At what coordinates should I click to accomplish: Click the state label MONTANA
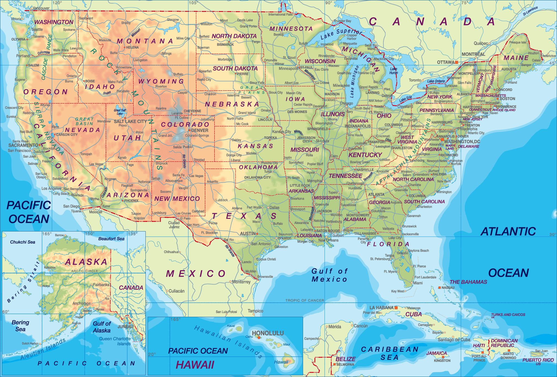[x=145, y=41]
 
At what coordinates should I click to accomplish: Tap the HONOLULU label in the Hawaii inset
[x=268, y=333]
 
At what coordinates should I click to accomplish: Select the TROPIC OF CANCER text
[x=305, y=300]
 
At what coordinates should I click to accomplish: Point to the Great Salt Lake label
[x=120, y=112]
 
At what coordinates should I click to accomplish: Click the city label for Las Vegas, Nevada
[x=96, y=164]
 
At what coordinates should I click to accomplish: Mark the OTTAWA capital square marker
[x=457, y=62]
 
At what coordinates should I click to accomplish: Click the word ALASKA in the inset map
[x=86, y=262]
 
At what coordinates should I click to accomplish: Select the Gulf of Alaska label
[x=102, y=327]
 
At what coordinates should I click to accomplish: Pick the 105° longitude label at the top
[x=193, y=3]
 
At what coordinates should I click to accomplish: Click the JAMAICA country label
[x=436, y=353]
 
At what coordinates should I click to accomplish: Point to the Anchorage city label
[x=81, y=303]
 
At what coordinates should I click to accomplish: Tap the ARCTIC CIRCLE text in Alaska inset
[x=84, y=271]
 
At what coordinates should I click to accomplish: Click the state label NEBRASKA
[x=232, y=104]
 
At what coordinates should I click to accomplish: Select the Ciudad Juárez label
[x=174, y=225]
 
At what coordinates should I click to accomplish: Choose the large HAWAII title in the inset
[x=195, y=365]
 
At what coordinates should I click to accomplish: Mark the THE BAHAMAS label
[x=468, y=282]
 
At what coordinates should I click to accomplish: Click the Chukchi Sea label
[x=23, y=242]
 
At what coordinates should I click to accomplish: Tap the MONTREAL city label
[x=473, y=54]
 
